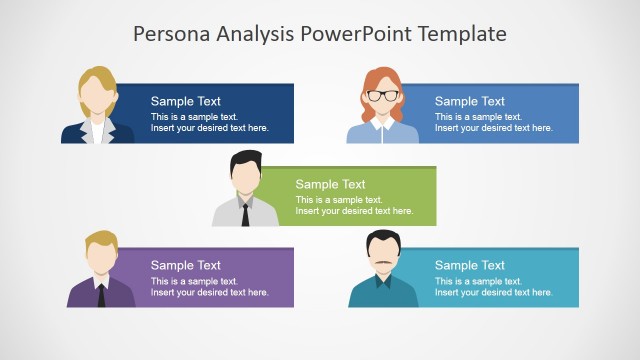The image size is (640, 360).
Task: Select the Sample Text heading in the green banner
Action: [x=330, y=184]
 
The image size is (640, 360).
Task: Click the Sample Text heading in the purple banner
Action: [x=186, y=265]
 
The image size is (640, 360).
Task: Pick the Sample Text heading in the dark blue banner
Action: [x=186, y=101]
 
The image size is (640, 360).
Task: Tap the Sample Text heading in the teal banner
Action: [x=470, y=265]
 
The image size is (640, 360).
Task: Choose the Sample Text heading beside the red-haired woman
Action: [x=470, y=101]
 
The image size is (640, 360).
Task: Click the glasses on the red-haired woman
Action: [x=383, y=96]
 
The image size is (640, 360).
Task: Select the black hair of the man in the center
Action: [x=246, y=159]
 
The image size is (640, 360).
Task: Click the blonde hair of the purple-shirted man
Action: [x=100, y=241]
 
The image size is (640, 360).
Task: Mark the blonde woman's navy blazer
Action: [x=76, y=134]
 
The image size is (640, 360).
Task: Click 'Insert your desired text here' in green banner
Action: [x=354, y=211]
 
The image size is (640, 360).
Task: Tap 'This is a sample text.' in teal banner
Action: [x=478, y=281]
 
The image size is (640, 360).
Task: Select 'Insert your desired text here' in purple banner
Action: [x=210, y=292]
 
